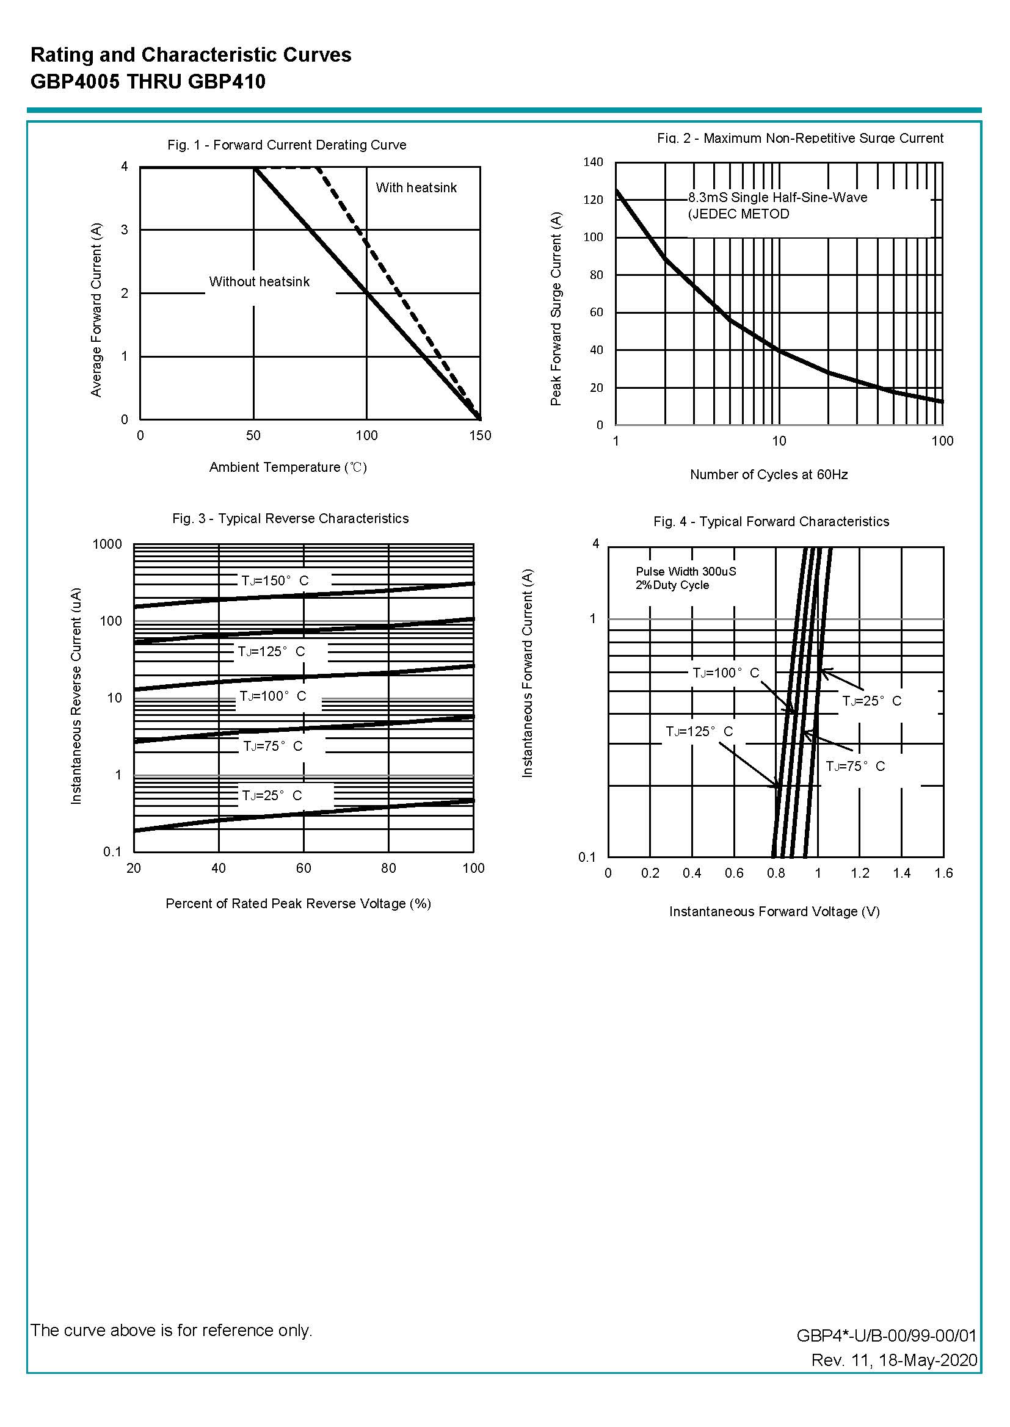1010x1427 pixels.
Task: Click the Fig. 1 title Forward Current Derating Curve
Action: pyautogui.click(x=287, y=145)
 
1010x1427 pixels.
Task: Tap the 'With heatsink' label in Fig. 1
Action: pyautogui.click(x=416, y=188)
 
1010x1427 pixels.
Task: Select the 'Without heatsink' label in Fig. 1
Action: pyautogui.click(x=259, y=281)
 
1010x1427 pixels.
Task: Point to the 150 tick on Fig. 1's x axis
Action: pyautogui.click(x=480, y=436)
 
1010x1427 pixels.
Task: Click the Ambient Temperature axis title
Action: pyautogui.click(x=288, y=467)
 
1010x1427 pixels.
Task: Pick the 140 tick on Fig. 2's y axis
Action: pyautogui.click(x=593, y=162)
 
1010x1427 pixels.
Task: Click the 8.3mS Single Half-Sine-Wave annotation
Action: pyautogui.click(x=777, y=198)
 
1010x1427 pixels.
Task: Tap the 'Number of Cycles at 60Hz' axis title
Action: pyautogui.click(x=769, y=475)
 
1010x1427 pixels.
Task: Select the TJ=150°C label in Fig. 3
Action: pyautogui.click(x=275, y=580)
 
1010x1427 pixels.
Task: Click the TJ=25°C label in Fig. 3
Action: pyautogui.click(x=272, y=795)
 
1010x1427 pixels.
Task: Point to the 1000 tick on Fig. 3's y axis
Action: pyautogui.click(x=107, y=544)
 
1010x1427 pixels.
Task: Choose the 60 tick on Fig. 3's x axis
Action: pyautogui.click(x=303, y=869)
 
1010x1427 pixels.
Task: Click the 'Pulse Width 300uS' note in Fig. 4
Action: pyautogui.click(x=686, y=571)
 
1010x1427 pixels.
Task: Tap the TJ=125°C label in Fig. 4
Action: pyautogui.click(x=699, y=732)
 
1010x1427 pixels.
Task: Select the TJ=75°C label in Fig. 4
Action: pyautogui.click(x=855, y=767)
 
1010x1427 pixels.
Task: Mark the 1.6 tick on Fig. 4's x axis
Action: pyautogui.click(x=943, y=873)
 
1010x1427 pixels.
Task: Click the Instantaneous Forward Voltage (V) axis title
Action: pyautogui.click(x=774, y=912)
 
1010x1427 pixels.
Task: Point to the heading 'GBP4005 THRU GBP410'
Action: pyautogui.click(x=148, y=81)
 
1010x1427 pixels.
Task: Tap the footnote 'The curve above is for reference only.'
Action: pyautogui.click(x=171, y=1330)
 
